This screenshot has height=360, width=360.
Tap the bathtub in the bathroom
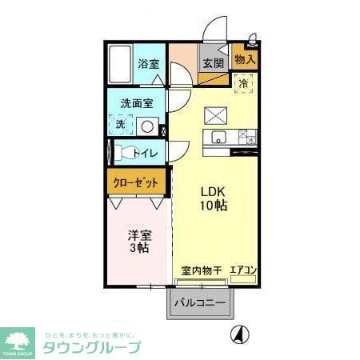click(119, 64)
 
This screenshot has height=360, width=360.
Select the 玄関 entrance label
click(212, 64)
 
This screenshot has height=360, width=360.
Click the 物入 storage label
click(245, 58)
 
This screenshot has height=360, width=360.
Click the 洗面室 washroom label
click(136, 104)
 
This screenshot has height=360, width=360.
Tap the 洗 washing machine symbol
click(120, 124)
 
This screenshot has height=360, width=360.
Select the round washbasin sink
click(146, 126)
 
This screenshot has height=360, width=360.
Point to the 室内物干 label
click(199, 270)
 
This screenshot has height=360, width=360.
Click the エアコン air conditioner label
click(242, 270)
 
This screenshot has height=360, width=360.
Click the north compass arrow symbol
click(238, 334)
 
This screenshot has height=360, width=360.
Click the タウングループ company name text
click(91, 348)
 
